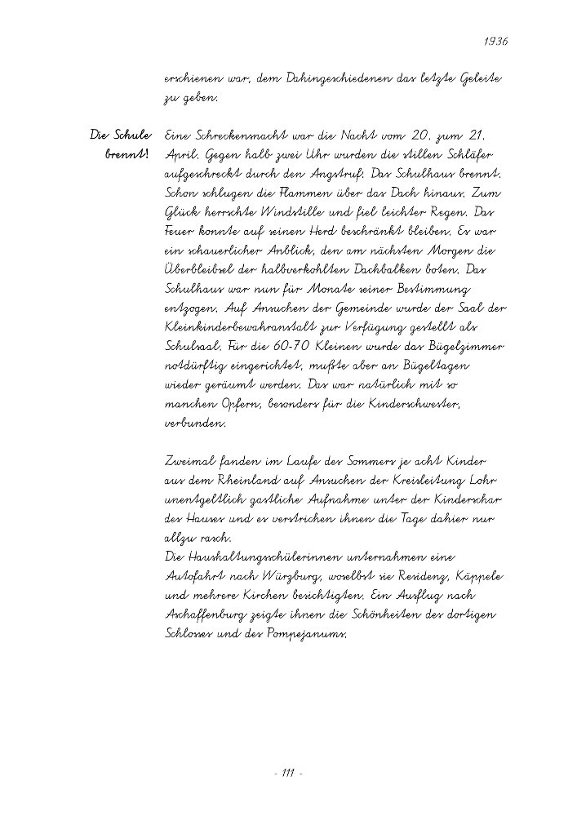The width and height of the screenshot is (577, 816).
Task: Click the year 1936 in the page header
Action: [496, 41]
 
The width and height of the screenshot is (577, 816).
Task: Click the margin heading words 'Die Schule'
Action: [121, 135]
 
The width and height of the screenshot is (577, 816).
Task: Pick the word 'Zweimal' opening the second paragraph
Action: [191, 463]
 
